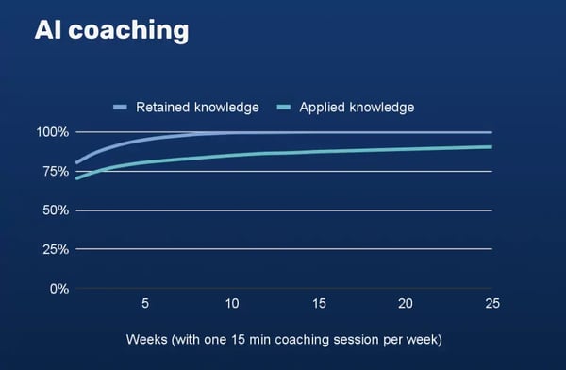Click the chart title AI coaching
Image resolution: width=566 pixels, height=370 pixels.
111,30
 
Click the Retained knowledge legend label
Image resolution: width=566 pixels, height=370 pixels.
198,107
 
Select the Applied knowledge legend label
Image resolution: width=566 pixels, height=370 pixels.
356,107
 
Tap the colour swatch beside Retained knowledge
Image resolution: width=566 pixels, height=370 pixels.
120,107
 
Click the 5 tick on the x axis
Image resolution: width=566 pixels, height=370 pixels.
145,303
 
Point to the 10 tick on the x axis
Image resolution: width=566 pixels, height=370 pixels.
231,303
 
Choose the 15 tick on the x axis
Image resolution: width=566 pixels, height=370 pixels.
318,303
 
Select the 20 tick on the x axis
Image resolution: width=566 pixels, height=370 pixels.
405,303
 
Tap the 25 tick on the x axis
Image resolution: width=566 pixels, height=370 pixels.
491,303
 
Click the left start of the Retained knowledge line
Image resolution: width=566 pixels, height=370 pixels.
76,162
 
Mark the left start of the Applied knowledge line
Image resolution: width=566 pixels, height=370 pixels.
76,177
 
